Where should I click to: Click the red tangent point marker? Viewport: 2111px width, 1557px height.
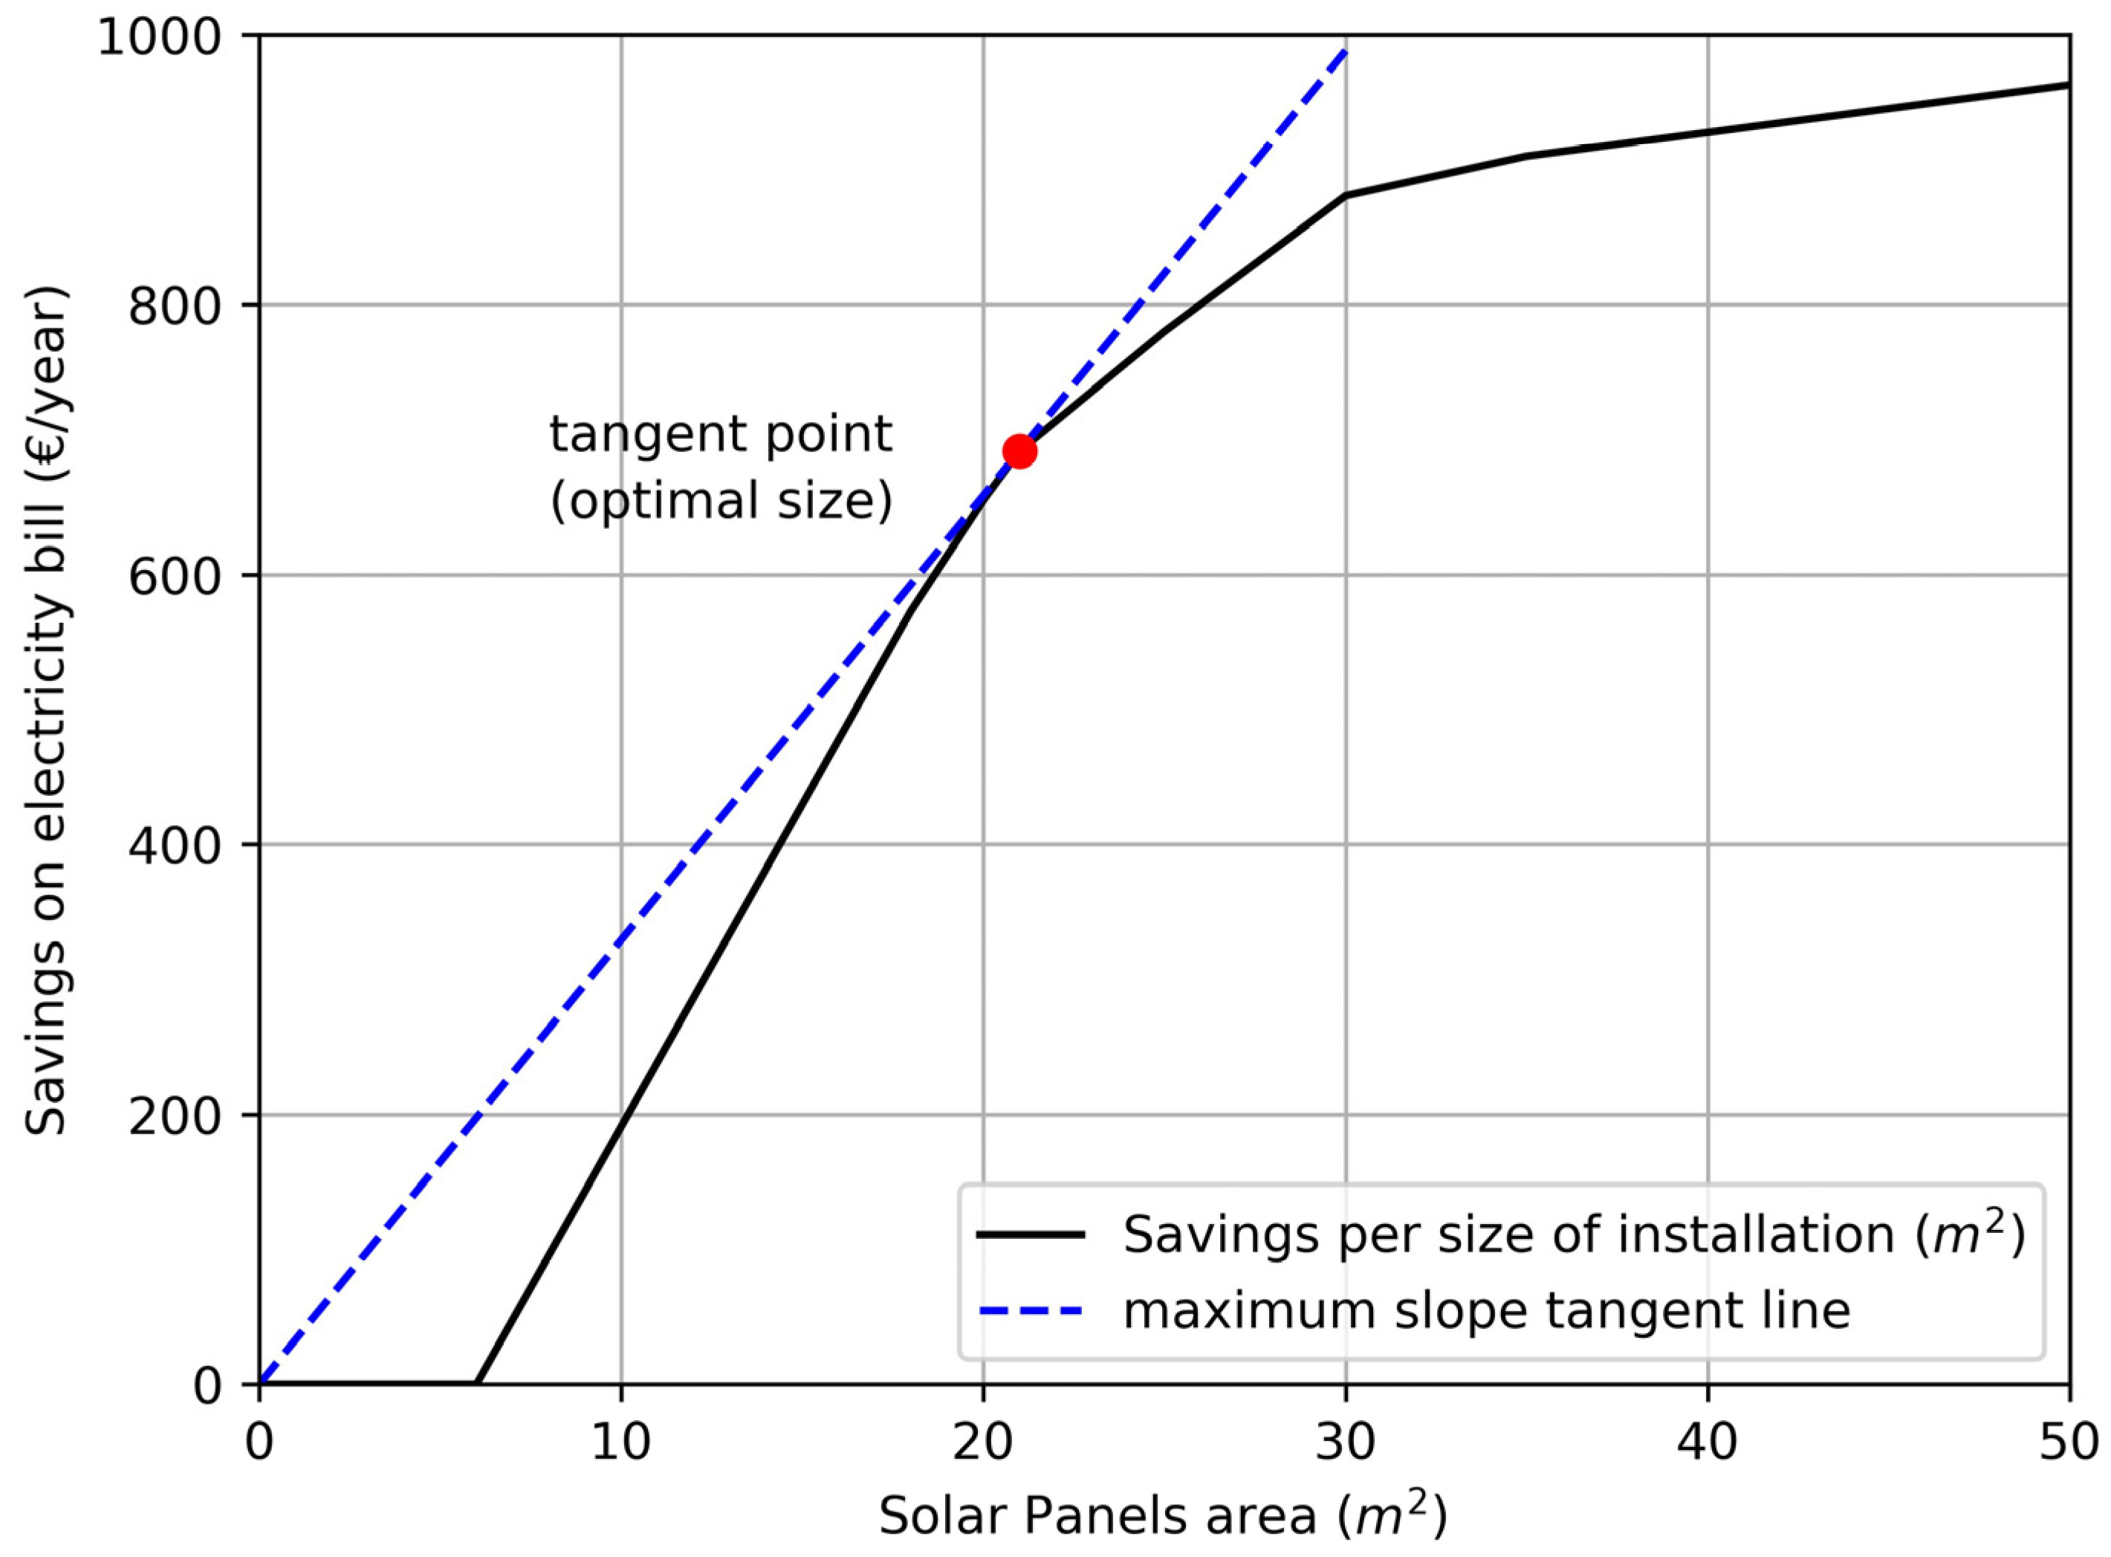(1019, 451)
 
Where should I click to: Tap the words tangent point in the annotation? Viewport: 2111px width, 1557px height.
(721, 435)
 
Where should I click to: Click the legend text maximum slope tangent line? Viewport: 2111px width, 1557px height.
(1486, 1310)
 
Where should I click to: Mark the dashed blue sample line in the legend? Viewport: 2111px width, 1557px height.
(1030, 1310)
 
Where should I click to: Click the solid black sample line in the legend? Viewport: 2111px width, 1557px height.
(1030, 1234)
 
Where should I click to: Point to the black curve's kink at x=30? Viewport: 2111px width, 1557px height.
(1346, 195)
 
